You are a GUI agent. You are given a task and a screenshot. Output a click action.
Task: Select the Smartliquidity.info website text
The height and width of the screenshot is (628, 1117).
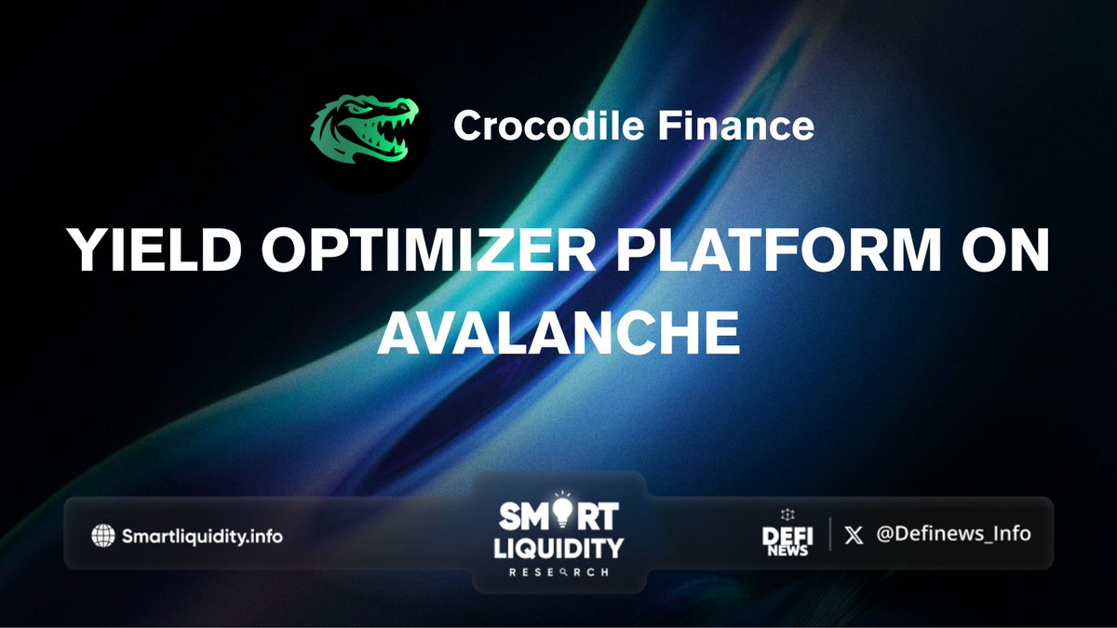coord(202,536)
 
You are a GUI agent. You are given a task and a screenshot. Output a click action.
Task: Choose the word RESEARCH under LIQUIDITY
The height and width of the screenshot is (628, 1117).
coord(558,571)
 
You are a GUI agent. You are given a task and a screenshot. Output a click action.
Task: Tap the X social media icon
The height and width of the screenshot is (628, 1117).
coord(855,535)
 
